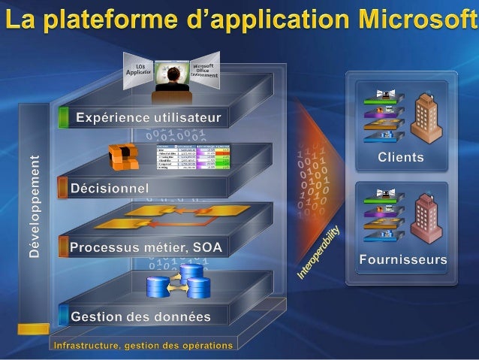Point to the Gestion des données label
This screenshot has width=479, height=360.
coord(140,316)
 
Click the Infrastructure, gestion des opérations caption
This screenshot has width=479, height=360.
coord(143,346)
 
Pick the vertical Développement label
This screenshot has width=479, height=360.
coord(32,204)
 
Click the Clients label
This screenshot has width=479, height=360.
coord(400,158)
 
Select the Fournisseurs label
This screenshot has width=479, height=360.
coord(403,260)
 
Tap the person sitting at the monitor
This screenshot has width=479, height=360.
coord(172,82)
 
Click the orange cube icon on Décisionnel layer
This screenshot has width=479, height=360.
coord(124,157)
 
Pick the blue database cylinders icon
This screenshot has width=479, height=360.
coord(179,281)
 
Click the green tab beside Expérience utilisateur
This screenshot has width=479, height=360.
coord(63,117)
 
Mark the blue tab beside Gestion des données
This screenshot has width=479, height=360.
coord(64,316)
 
